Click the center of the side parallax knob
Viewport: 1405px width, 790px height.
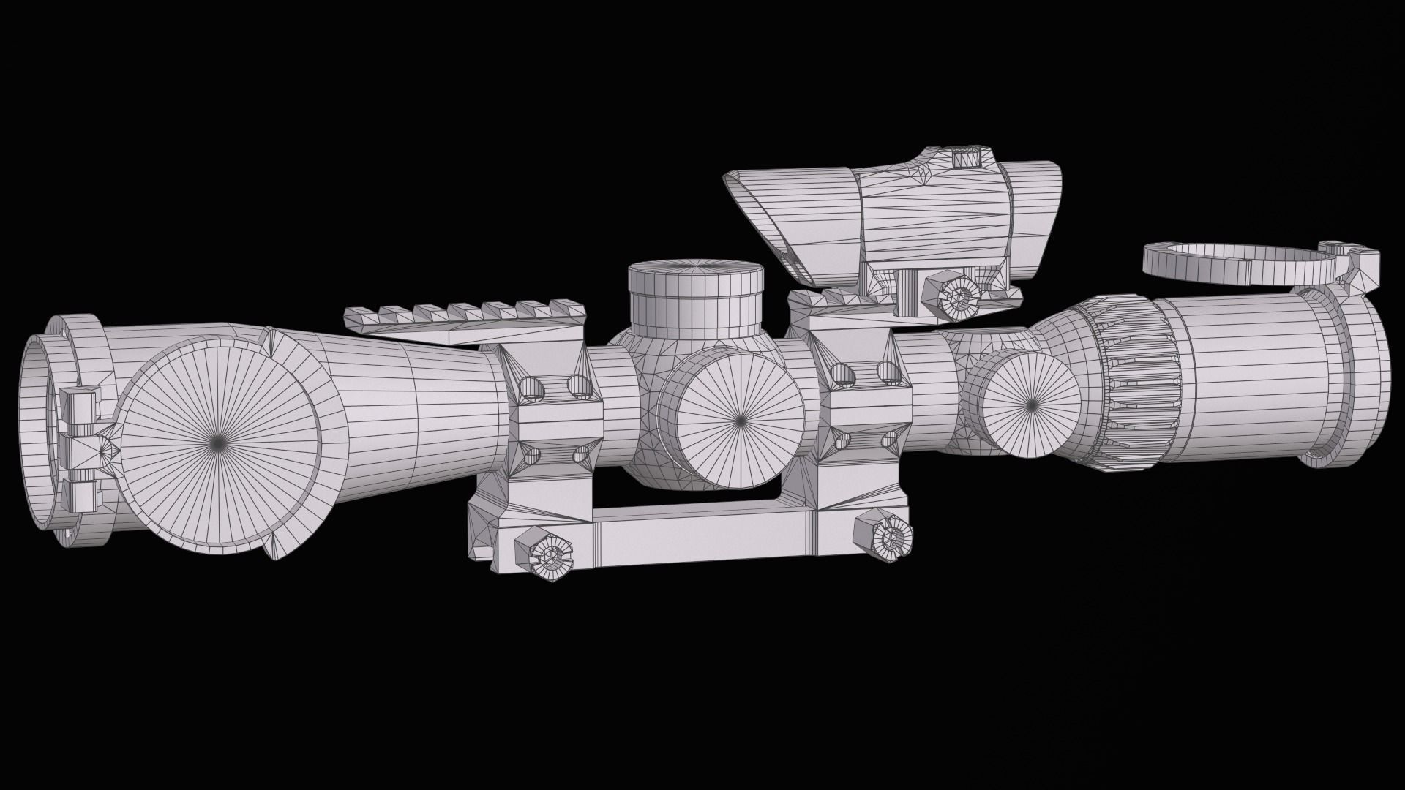point(739,421)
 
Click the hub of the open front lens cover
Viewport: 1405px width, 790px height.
point(218,440)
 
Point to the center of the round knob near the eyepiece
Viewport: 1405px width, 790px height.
point(1032,402)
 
